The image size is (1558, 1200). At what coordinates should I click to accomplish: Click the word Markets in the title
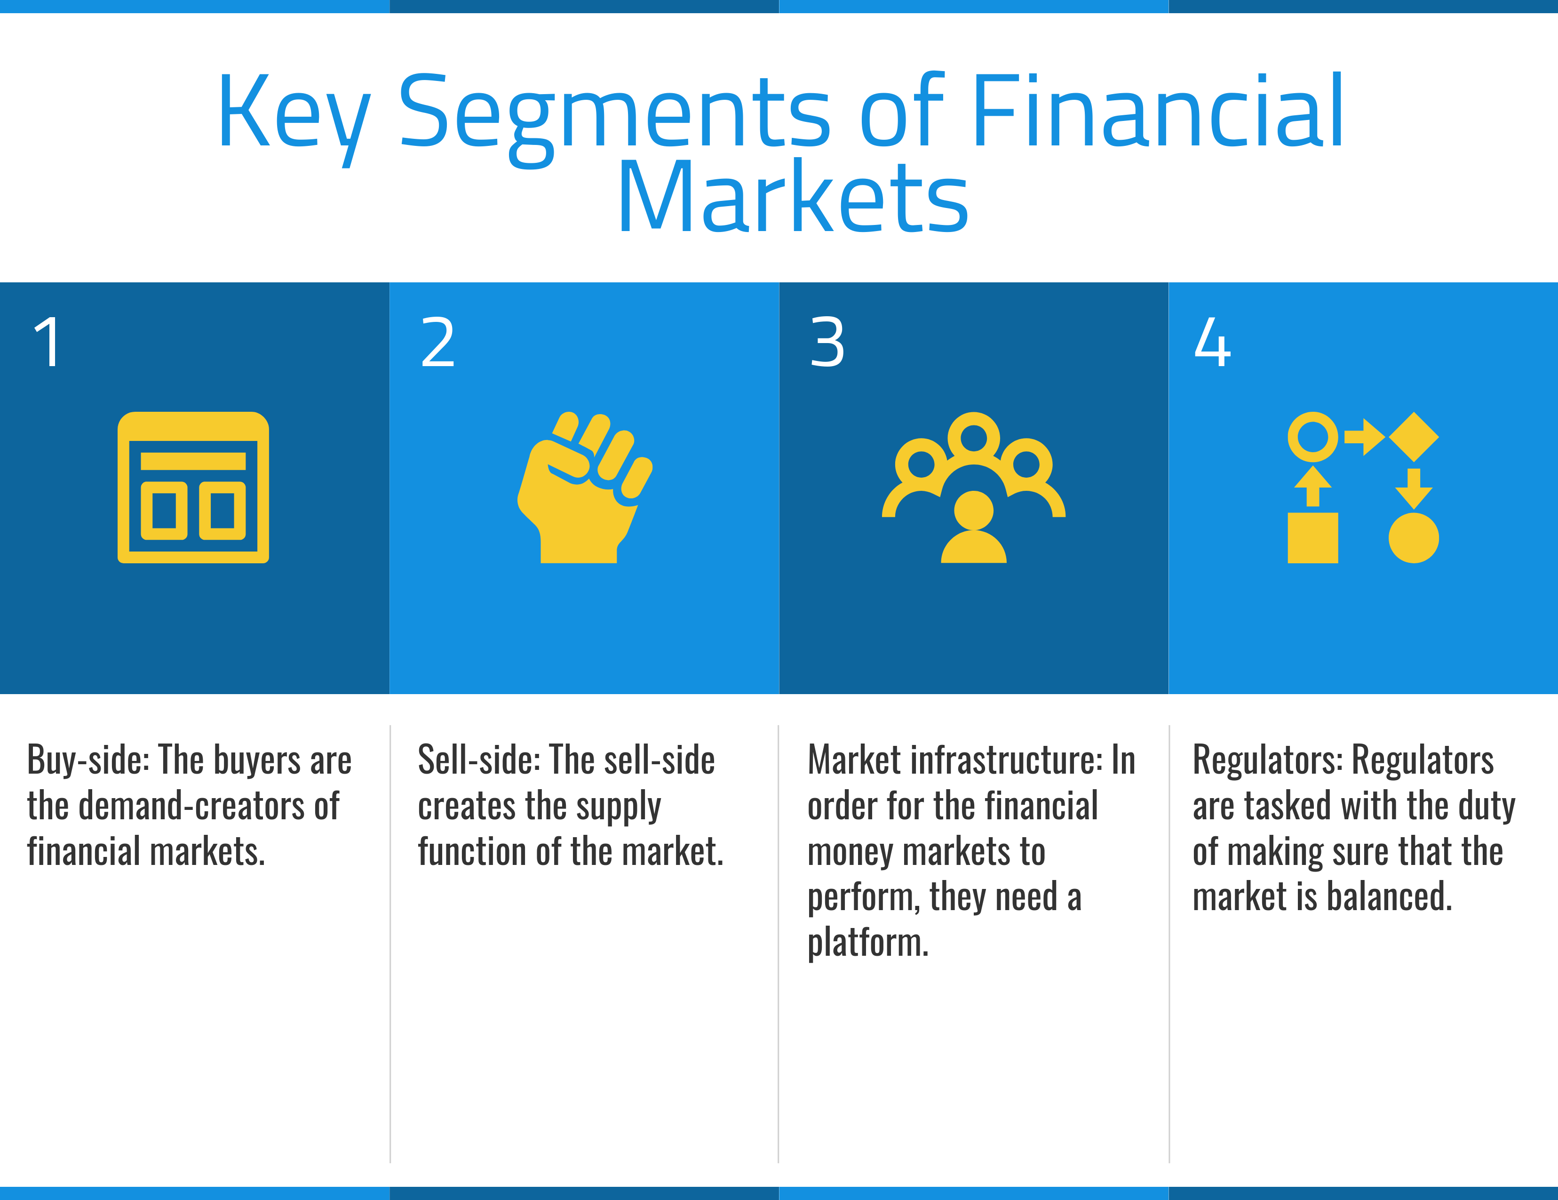click(793, 198)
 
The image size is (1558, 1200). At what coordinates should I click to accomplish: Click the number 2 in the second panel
click(437, 343)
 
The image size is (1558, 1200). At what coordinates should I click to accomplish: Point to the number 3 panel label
click(827, 343)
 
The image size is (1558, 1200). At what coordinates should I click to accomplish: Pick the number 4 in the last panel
click(1212, 343)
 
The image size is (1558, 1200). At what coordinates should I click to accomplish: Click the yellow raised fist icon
click(583, 488)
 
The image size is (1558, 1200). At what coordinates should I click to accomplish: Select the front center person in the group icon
click(973, 528)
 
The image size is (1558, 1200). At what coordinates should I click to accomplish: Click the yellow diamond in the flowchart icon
click(1413, 437)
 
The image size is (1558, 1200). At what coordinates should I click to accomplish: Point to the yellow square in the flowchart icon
click(1312, 538)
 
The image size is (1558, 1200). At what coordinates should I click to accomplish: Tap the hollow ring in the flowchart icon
click(1312, 437)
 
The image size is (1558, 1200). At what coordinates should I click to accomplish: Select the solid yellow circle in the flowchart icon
click(1413, 538)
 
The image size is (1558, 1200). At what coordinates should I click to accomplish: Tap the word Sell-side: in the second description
click(479, 760)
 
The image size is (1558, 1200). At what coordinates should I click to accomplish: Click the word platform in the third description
click(867, 943)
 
